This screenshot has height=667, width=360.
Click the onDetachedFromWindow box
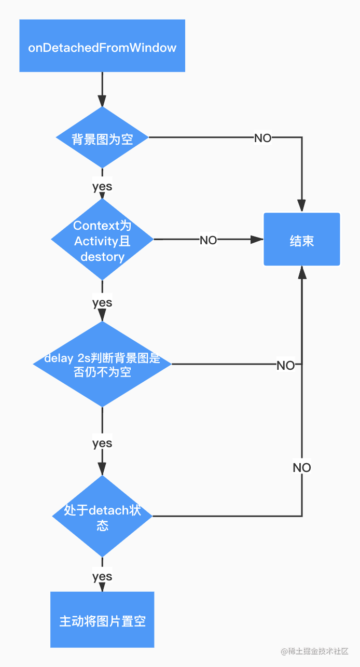(x=102, y=46)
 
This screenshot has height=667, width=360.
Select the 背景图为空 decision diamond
(x=102, y=137)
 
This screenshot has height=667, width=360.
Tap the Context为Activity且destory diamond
(x=102, y=240)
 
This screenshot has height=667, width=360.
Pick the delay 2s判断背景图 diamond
(x=102, y=364)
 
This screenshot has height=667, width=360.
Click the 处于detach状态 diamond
(x=102, y=516)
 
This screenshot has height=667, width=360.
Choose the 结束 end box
(x=301, y=239)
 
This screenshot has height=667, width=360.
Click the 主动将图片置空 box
(x=102, y=619)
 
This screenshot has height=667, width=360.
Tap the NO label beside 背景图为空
(x=262, y=138)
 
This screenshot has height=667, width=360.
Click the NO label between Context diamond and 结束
(x=208, y=240)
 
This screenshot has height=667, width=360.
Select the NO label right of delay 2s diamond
(x=285, y=365)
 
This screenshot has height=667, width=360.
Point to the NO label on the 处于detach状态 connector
(x=301, y=467)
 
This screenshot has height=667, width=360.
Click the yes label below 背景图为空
(x=102, y=186)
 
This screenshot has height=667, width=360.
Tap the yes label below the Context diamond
(x=102, y=302)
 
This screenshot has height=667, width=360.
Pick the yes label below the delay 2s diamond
(x=102, y=443)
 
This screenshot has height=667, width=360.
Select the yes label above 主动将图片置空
(x=102, y=576)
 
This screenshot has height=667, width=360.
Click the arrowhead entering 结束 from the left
(x=257, y=240)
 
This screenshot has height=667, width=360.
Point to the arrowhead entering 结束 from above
(x=301, y=206)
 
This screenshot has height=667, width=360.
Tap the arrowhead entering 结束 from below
(x=302, y=272)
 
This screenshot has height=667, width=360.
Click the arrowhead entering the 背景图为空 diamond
(x=102, y=101)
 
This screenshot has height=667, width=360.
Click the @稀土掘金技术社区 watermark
(x=314, y=651)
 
